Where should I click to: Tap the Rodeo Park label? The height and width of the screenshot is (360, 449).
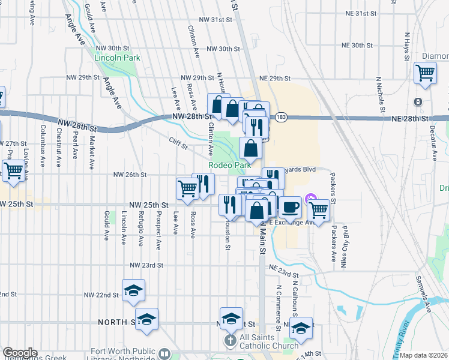229,165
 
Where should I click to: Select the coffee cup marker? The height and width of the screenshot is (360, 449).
291,208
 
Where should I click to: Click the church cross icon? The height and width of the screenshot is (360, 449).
229,341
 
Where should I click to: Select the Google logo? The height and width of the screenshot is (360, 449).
20,353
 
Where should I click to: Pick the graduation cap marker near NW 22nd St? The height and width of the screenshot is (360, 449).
133,291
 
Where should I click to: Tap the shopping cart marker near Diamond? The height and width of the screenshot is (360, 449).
425,73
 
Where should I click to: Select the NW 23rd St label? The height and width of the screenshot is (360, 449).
146,265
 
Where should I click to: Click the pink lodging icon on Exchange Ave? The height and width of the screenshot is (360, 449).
310,198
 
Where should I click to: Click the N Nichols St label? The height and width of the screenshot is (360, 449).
379,94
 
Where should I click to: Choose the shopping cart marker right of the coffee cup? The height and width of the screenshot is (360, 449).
319,211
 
